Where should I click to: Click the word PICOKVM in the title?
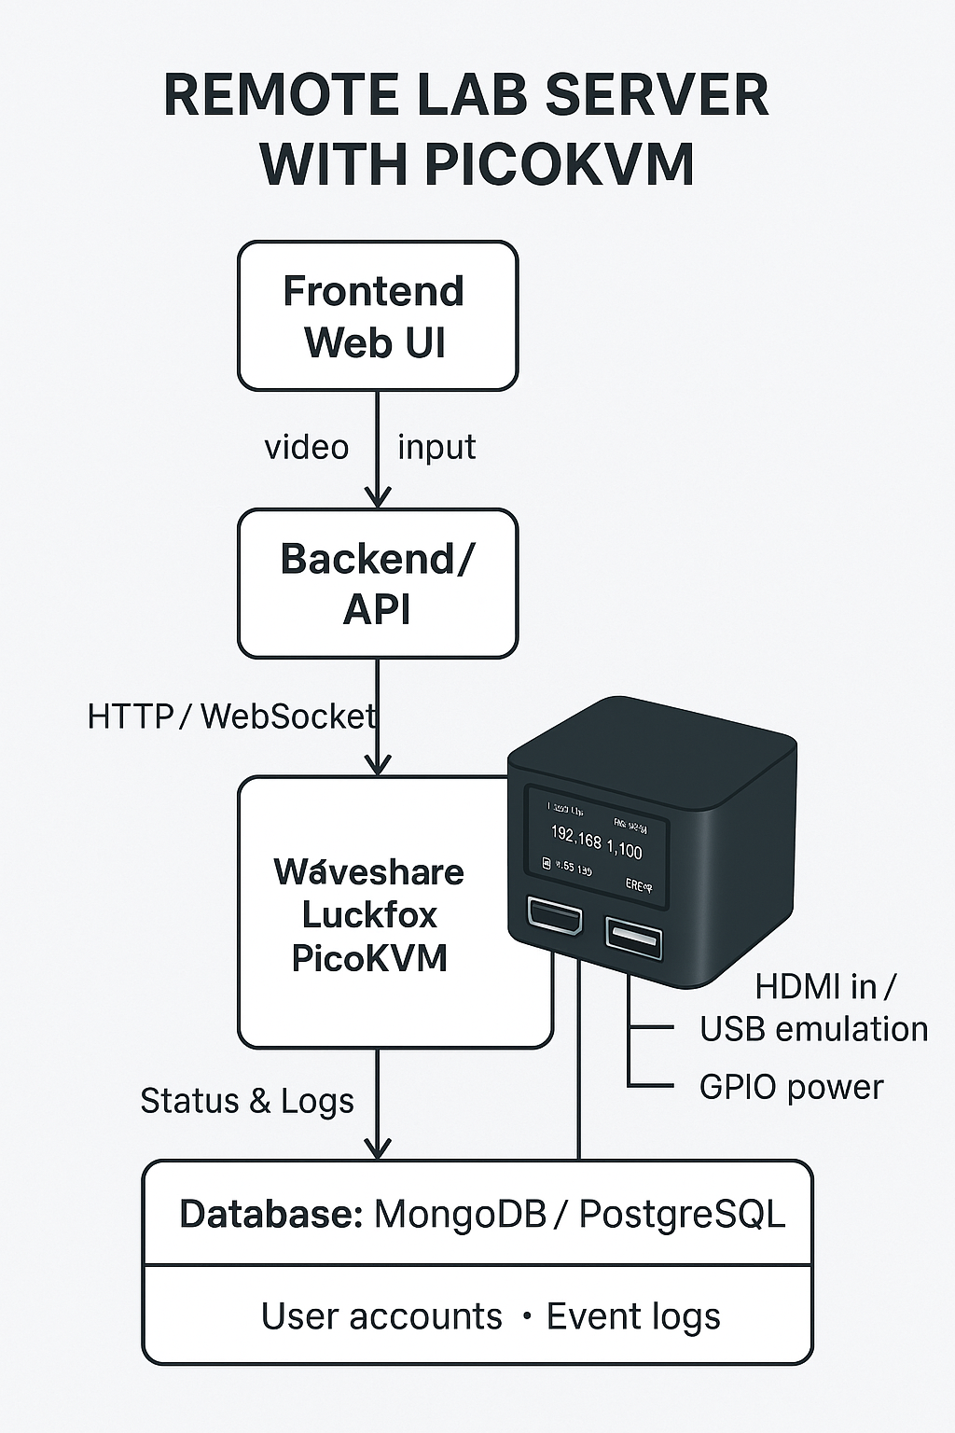pos(560,164)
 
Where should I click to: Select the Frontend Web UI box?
pos(377,316)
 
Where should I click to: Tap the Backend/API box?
pos(377,583)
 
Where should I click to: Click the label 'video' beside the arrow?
pos(307,448)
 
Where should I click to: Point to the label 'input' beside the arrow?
pos(436,448)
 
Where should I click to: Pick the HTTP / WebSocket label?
pos(231,716)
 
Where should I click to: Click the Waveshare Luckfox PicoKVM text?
pos(369,914)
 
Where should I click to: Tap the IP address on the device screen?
pos(596,842)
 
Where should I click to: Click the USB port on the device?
pos(634,936)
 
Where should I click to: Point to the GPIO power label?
pos(791,1087)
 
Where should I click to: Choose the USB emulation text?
pos(813,1029)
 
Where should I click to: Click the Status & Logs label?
pos(247,1101)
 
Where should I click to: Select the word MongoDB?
pos(460,1215)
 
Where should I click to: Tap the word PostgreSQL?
pos(682,1215)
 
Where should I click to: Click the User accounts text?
pos(381,1316)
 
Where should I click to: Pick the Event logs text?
pos(633,1316)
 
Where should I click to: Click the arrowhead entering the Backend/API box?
pos(377,498)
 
